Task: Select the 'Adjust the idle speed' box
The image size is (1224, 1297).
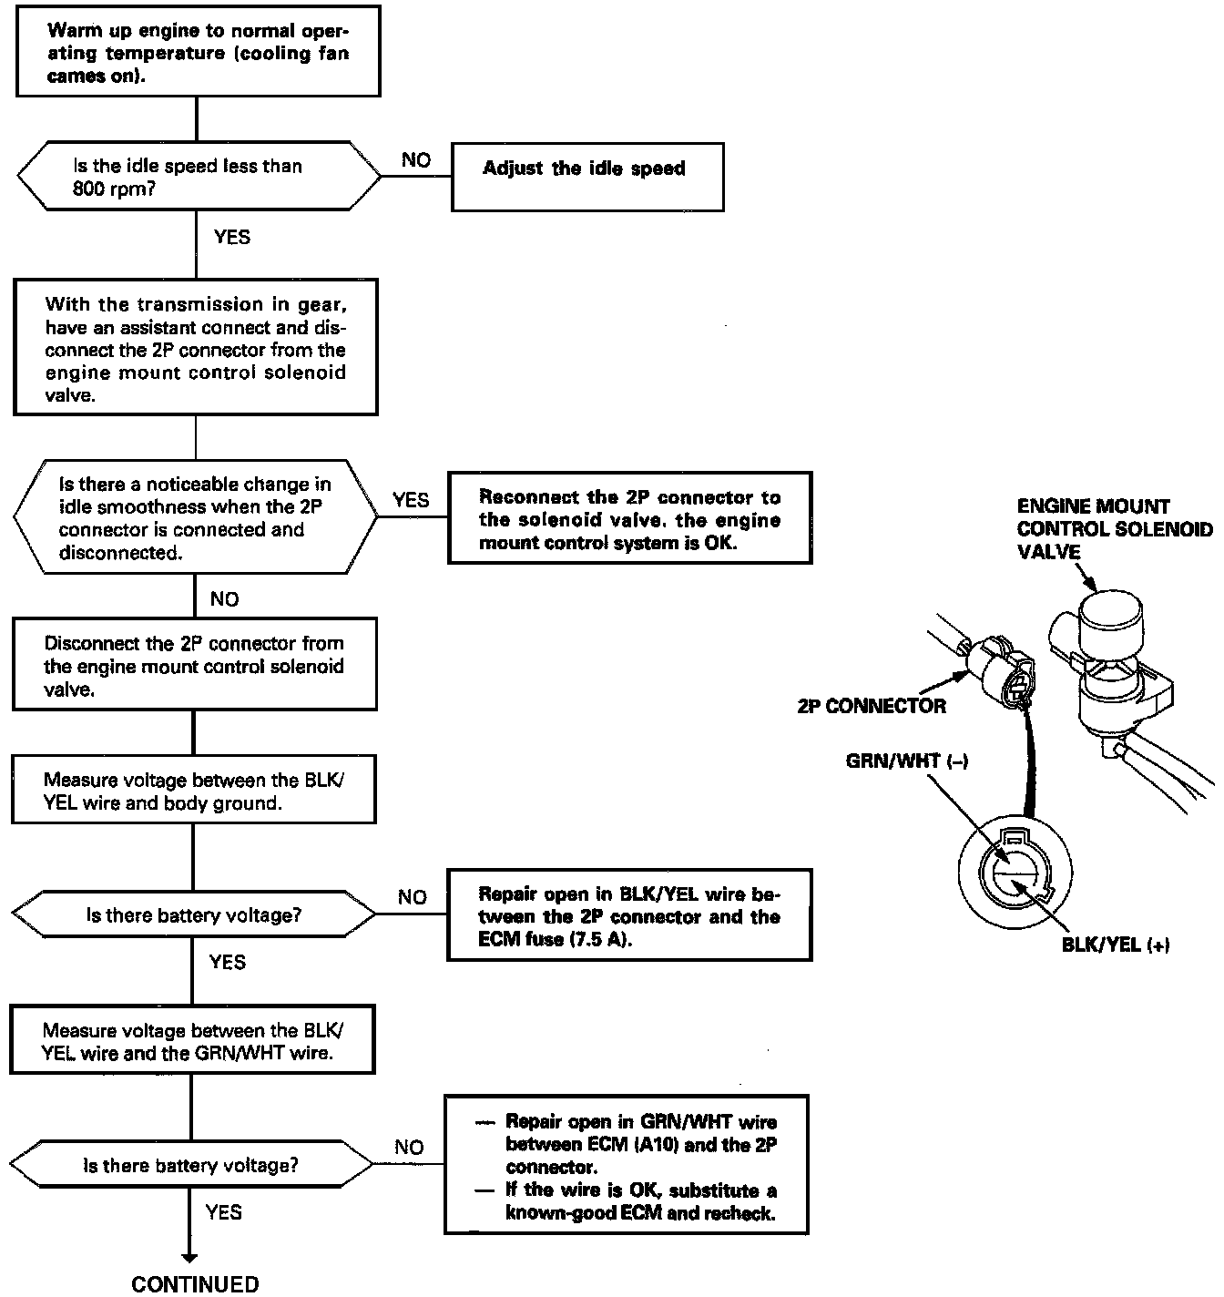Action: [x=587, y=177]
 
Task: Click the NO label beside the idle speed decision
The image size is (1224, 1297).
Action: [x=416, y=160]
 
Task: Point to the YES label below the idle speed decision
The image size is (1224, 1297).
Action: [x=231, y=238]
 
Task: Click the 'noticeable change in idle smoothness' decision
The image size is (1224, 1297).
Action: [x=196, y=517]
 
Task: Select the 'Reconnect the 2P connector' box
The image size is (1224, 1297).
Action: [x=629, y=519]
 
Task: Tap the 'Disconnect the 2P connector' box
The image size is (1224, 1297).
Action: [x=194, y=665]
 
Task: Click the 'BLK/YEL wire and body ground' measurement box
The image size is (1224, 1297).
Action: [x=194, y=791]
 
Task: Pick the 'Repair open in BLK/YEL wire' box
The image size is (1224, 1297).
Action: [x=629, y=915]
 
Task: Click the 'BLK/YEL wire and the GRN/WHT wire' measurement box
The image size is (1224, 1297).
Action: [x=193, y=1042]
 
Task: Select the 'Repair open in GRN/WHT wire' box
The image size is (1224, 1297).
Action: [x=627, y=1165]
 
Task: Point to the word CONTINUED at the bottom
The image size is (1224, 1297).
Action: [x=195, y=1284]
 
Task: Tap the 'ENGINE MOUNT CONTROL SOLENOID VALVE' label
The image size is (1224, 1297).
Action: [x=1115, y=529]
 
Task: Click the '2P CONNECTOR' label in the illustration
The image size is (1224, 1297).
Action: [x=872, y=706]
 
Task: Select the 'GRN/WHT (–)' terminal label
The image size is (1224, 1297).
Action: [x=906, y=761]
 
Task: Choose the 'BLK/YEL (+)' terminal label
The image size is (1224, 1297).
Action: [x=1116, y=945]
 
